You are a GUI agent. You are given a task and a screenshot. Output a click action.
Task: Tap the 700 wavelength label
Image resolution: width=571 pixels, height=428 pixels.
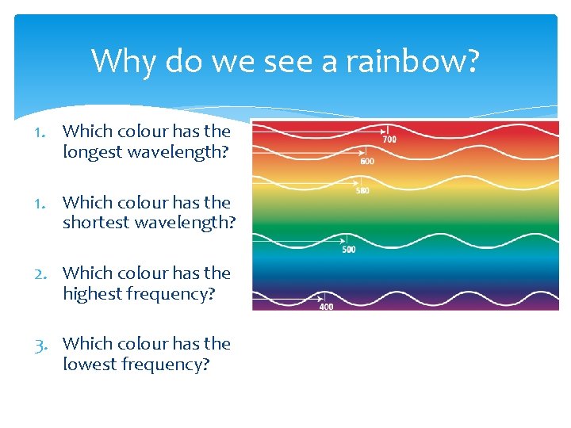click(x=389, y=139)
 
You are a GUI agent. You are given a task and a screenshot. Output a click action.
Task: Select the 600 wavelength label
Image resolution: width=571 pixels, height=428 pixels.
click(x=367, y=161)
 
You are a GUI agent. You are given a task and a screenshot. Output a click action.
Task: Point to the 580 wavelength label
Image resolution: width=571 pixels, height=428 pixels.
click(x=362, y=190)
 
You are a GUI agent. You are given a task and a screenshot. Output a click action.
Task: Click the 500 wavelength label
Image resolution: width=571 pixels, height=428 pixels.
click(x=349, y=250)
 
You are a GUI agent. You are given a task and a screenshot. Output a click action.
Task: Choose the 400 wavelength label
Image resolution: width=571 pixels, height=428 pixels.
click(x=326, y=307)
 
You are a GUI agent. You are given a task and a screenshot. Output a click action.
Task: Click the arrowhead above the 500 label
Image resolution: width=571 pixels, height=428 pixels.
click(x=344, y=241)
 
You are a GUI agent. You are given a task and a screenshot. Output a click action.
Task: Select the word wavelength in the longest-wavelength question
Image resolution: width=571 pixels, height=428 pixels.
click(x=175, y=152)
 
